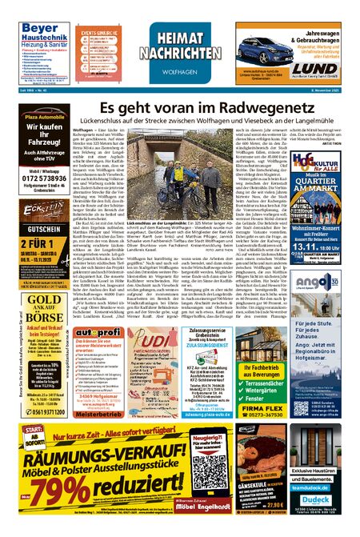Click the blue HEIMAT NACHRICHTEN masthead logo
(180, 49)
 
